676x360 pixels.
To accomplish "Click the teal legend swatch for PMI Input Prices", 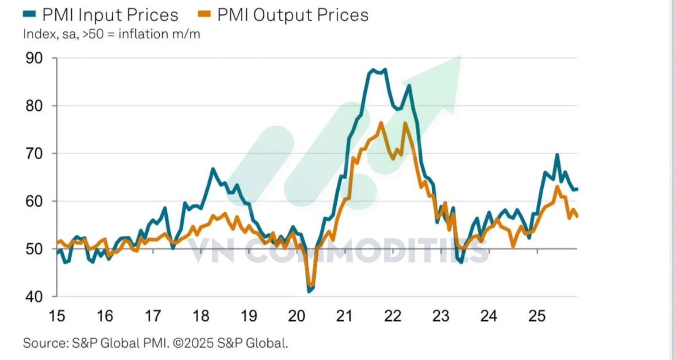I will pyautogui.click(x=29, y=14).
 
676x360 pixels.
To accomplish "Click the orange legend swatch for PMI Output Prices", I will pyautogui.click(x=204, y=14).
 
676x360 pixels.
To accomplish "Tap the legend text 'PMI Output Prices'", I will pyautogui.click(x=293, y=15).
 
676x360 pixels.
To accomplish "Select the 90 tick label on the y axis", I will pyautogui.click(x=34, y=58).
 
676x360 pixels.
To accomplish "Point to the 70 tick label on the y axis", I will pyautogui.click(x=34, y=153).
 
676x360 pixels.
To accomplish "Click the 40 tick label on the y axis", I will pyautogui.click(x=34, y=297).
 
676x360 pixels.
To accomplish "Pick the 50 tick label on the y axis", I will pyautogui.click(x=34, y=249).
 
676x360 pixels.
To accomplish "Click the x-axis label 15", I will pyautogui.click(x=57, y=316).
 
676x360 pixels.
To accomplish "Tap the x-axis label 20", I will pyautogui.click(x=297, y=316).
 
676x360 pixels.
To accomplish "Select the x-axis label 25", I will pyautogui.click(x=537, y=316).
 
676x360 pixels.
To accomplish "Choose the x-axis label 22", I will pyautogui.click(x=393, y=316).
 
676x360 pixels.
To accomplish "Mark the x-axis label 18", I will pyautogui.click(x=201, y=316).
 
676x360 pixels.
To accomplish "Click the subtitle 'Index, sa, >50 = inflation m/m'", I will pyautogui.click(x=112, y=34).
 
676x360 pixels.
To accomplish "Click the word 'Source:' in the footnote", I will pyautogui.click(x=45, y=343).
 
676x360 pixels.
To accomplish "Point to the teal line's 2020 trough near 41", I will pyautogui.click(x=309, y=291).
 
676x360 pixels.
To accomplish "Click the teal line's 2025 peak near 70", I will pyautogui.click(x=557, y=155).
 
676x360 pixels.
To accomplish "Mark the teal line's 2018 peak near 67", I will pyautogui.click(x=213, y=169).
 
